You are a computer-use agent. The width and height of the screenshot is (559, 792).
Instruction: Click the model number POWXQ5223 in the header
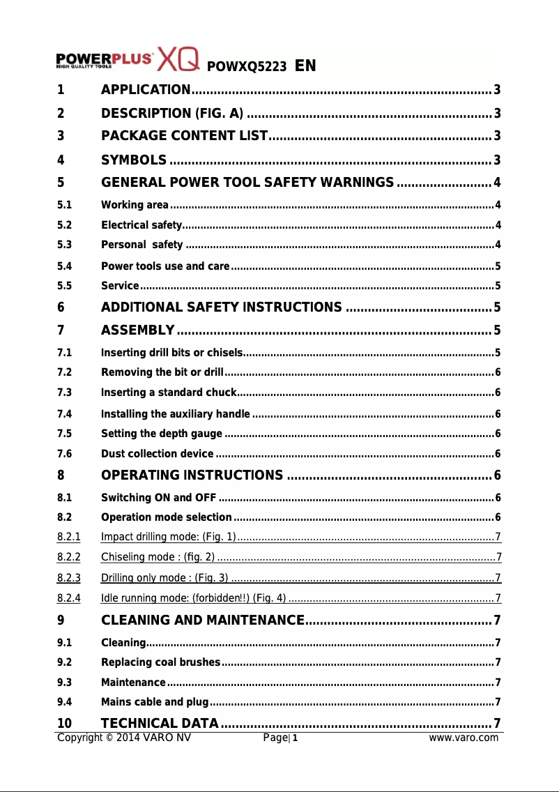click(x=247, y=67)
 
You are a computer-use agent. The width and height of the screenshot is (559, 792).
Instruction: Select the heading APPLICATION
click(x=146, y=89)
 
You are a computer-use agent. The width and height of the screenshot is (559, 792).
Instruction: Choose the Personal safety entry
click(x=142, y=245)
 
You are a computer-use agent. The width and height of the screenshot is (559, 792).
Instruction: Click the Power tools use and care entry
click(x=165, y=266)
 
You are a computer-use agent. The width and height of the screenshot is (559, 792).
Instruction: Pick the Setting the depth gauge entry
click(x=162, y=434)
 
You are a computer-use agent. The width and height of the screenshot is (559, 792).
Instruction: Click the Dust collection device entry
click(x=158, y=455)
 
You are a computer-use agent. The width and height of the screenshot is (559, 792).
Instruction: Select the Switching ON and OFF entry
click(x=158, y=498)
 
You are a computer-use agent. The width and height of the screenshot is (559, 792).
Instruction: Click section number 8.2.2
click(x=68, y=557)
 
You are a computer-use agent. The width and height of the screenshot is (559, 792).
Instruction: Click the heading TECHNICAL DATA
click(x=160, y=722)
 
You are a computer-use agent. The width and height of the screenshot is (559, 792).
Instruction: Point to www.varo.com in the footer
click(x=464, y=738)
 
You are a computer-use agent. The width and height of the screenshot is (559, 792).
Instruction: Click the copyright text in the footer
click(x=124, y=738)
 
